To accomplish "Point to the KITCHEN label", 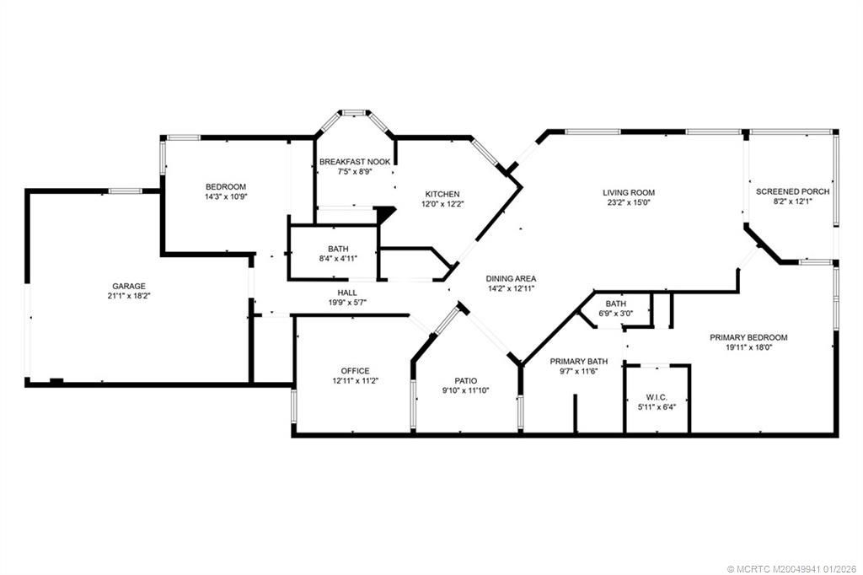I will [442, 193].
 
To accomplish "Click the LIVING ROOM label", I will [629, 192].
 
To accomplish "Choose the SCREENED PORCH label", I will [792, 191].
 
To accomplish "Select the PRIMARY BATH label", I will [573, 361].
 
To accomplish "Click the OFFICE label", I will [355, 371].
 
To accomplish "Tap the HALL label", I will [347, 293].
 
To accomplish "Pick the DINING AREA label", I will [511, 278].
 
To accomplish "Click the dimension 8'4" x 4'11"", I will [340, 260].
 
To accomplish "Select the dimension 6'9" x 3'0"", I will [616, 314].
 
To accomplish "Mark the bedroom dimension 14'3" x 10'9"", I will [226, 196].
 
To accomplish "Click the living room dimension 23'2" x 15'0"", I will [629, 202].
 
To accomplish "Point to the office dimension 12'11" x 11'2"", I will [355, 381].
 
